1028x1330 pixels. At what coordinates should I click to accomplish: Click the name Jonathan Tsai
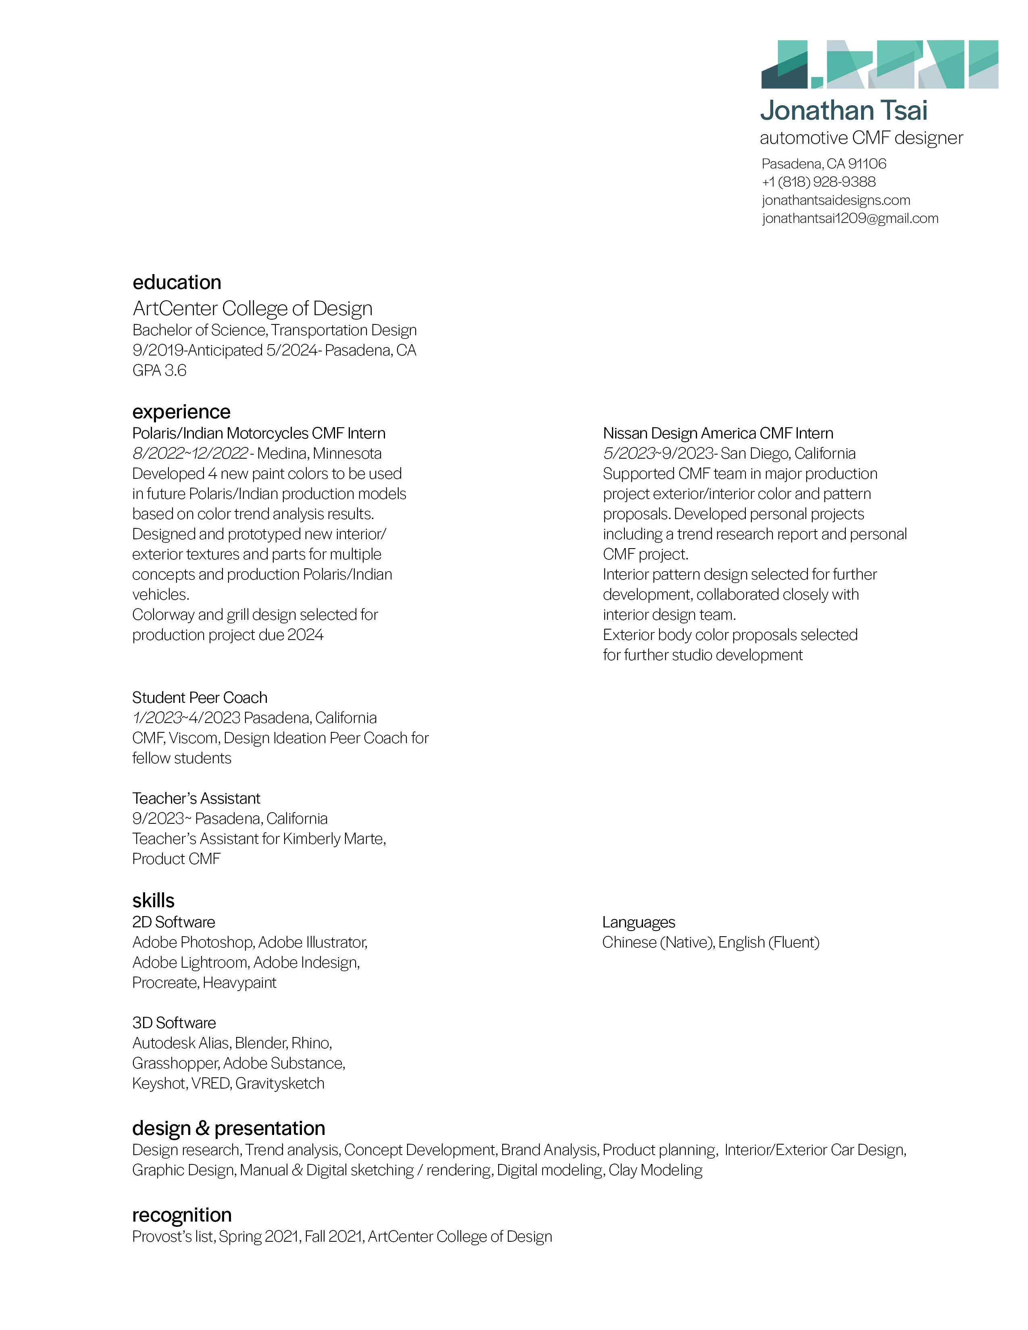843,111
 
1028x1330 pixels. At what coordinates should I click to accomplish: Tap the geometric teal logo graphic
879,64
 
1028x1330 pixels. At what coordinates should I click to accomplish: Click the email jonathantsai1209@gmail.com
849,218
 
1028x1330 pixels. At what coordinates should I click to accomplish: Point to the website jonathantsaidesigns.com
836,200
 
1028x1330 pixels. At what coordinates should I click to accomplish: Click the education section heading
177,282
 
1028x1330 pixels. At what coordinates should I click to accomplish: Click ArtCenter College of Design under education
252,308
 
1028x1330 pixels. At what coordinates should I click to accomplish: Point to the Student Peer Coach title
200,697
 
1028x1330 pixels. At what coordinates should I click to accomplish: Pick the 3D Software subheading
174,1022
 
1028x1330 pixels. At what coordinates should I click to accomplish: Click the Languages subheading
638,922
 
